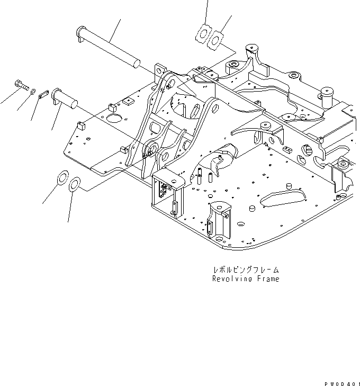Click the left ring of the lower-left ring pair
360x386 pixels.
(63, 177)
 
